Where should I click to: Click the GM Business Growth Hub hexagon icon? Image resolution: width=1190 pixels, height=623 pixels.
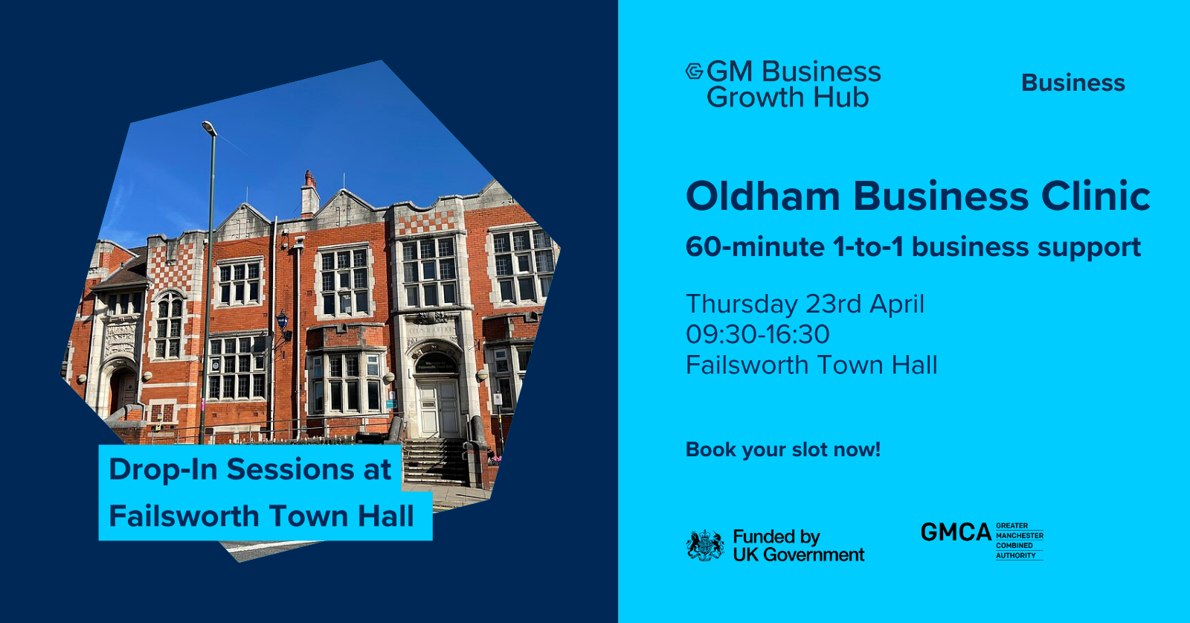tap(695, 71)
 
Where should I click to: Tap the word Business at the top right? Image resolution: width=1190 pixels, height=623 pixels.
tap(1073, 83)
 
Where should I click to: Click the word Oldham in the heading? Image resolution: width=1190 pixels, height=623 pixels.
tap(763, 197)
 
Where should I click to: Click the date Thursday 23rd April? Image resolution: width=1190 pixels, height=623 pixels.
tap(805, 304)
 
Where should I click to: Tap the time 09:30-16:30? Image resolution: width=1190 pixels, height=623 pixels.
tap(758, 334)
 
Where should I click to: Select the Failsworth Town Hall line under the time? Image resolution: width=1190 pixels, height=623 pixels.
tap(811, 365)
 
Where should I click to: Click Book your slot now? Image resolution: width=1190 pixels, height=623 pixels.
tap(783, 450)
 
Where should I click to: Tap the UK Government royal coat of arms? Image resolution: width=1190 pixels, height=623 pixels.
tap(705, 546)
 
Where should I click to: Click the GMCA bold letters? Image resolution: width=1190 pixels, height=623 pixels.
tap(956, 532)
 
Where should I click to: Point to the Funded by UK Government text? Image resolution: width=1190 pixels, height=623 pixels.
tap(799, 546)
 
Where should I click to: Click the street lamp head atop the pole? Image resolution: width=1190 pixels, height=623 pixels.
tap(209, 127)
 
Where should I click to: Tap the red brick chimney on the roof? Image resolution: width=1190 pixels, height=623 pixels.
tap(309, 194)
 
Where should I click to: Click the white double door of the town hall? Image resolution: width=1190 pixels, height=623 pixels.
tap(438, 408)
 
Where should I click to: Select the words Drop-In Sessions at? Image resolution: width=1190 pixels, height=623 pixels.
tap(250, 470)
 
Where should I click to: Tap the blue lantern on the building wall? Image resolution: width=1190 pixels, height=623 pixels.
tap(282, 322)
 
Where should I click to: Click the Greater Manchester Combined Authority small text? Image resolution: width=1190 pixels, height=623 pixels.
tap(1020, 540)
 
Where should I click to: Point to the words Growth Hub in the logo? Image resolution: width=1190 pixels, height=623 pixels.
tap(788, 98)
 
